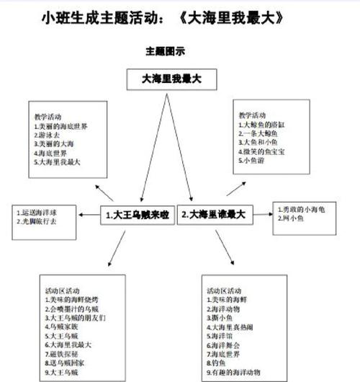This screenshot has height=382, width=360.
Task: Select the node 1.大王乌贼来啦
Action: click(136, 214)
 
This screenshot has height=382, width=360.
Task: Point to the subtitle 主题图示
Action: click(166, 52)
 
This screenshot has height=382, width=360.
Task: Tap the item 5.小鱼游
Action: click(252, 161)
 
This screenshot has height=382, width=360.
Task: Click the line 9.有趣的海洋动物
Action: click(242, 373)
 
